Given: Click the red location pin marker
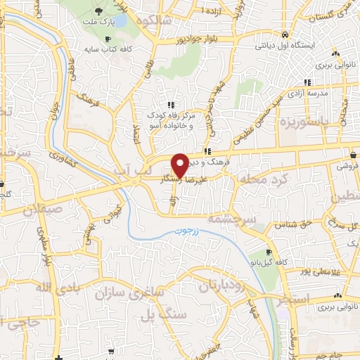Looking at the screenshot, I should point(180,165).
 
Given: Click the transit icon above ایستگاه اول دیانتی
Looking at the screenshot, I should point(285,34).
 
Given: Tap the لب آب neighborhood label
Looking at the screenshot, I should point(149,172).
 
